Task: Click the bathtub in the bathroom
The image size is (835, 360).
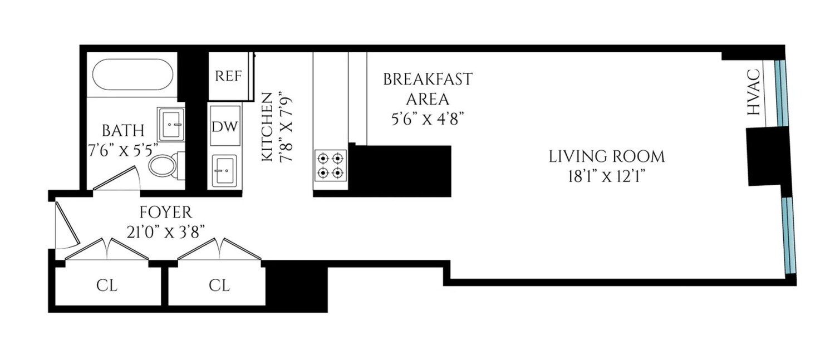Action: tap(132, 75)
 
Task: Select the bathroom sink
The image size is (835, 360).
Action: tap(170, 124)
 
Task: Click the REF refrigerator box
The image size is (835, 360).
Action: tap(229, 76)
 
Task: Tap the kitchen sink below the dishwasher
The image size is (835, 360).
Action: tap(224, 171)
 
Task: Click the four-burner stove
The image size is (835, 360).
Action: tap(329, 165)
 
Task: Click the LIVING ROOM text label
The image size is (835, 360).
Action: tap(607, 156)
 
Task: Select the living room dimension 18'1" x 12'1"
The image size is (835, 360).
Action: tap(607, 176)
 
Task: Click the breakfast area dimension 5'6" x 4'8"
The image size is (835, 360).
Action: tap(427, 119)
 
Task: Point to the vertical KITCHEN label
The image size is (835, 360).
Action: tap(267, 128)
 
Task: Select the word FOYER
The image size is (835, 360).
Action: tap(165, 212)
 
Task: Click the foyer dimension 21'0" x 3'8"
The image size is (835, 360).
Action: tap(165, 232)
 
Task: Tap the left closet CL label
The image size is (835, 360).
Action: tap(107, 285)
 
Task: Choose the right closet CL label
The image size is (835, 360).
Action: tap(219, 285)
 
